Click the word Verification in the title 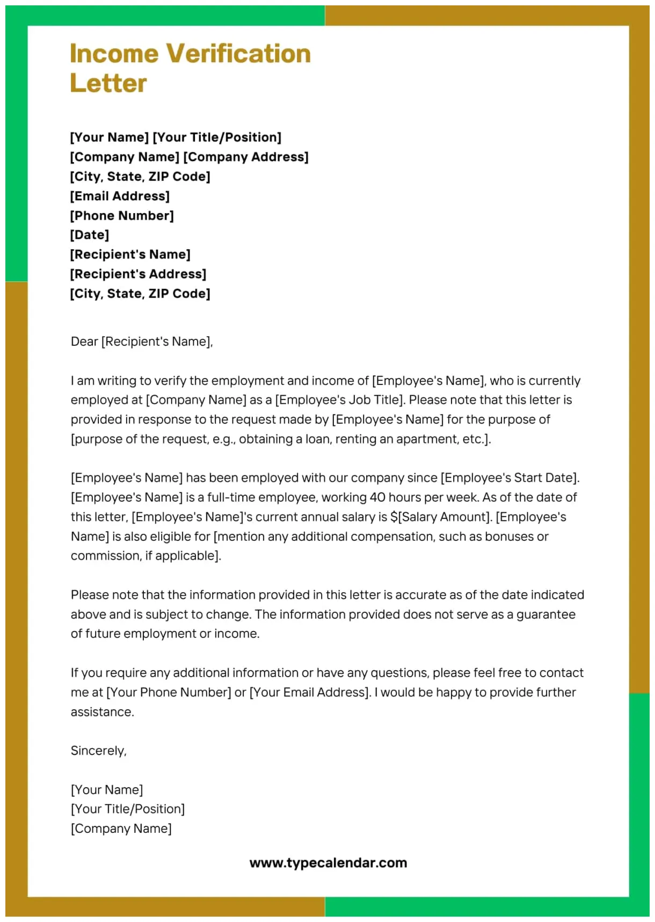tap(238, 54)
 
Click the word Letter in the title tap(108, 83)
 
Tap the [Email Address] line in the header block tap(120, 196)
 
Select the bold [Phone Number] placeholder tap(122, 215)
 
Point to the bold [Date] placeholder tap(90, 235)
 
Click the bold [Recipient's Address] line tap(138, 274)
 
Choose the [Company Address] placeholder tap(246, 157)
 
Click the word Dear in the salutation tap(84, 342)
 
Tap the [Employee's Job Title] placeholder tap(339, 400)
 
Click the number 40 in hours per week tap(377, 497)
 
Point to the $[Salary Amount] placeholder tap(441, 517)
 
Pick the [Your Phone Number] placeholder tap(169, 692)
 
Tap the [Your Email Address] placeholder tap(310, 692)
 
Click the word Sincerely tap(99, 751)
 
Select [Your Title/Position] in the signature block tap(128, 809)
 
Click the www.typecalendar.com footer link tap(328, 863)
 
